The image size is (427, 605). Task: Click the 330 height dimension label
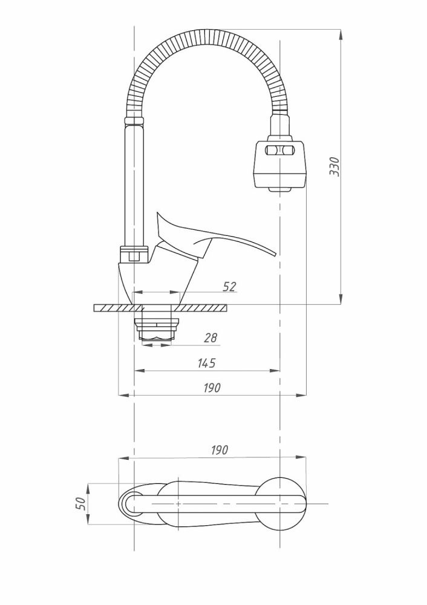tap(334, 167)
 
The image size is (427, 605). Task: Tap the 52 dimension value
tap(229, 287)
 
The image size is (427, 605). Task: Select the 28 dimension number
tap(210, 338)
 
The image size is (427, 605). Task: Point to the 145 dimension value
tap(206, 363)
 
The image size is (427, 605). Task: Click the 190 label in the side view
tap(212, 387)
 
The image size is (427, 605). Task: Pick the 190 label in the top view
tap(220, 450)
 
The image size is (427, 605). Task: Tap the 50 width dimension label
tap(80, 503)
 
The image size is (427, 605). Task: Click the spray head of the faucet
tap(280, 166)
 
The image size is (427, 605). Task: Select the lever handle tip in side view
tap(275, 253)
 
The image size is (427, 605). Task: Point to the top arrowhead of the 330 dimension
tap(341, 34)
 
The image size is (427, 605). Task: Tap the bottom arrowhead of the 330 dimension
tap(341, 299)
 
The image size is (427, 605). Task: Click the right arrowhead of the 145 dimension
tap(275, 371)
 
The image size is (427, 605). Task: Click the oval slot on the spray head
tap(279, 151)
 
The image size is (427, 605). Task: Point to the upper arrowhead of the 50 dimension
tap(88, 489)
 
